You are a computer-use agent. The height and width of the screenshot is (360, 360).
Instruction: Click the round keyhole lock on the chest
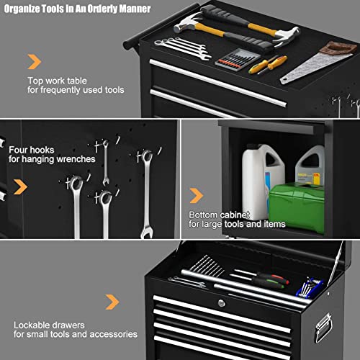click(x=221, y=303)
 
